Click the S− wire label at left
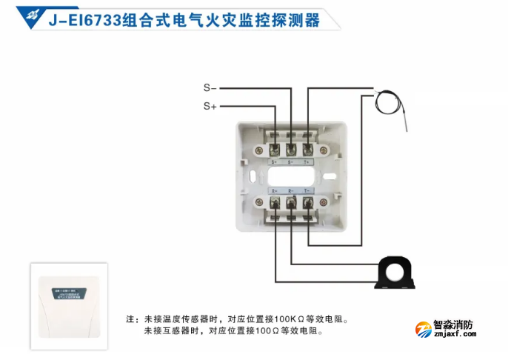point(210,87)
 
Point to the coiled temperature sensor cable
point(387,100)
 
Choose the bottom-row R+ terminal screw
point(275,201)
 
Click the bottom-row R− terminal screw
point(291,201)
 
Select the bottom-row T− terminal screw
point(307,201)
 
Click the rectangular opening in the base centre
point(291,176)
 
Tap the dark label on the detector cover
point(69,293)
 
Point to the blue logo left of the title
point(33,17)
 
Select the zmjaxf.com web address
point(452,335)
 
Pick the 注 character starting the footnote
point(130,320)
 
